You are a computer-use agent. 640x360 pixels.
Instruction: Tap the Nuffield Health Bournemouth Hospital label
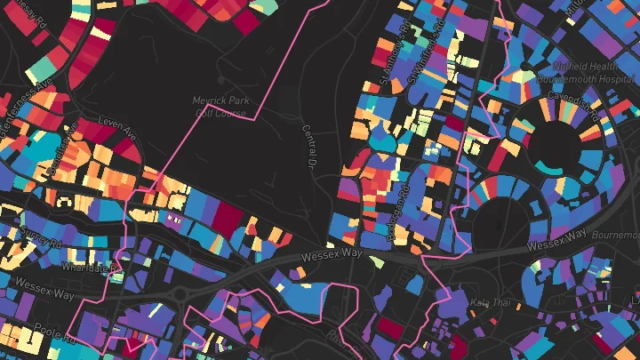click(588, 72)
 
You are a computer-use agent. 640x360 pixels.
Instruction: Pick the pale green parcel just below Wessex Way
click(378, 262)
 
